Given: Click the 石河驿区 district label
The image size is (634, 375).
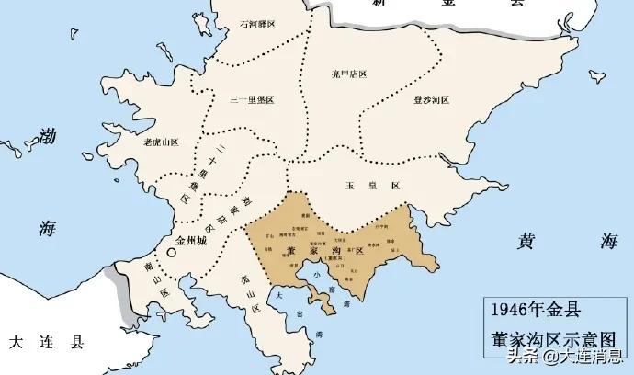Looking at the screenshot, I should pyautogui.click(x=258, y=27).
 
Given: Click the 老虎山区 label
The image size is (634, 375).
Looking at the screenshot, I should pyautogui.click(x=161, y=143).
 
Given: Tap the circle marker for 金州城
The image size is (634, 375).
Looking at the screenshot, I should pyautogui.click(x=171, y=253).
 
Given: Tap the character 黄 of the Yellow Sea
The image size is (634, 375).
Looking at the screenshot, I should pyautogui.click(x=525, y=242).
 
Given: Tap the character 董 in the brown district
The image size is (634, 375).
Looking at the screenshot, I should pyautogui.click(x=290, y=249).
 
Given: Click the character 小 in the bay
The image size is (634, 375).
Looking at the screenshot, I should pyautogui.click(x=318, y=271).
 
